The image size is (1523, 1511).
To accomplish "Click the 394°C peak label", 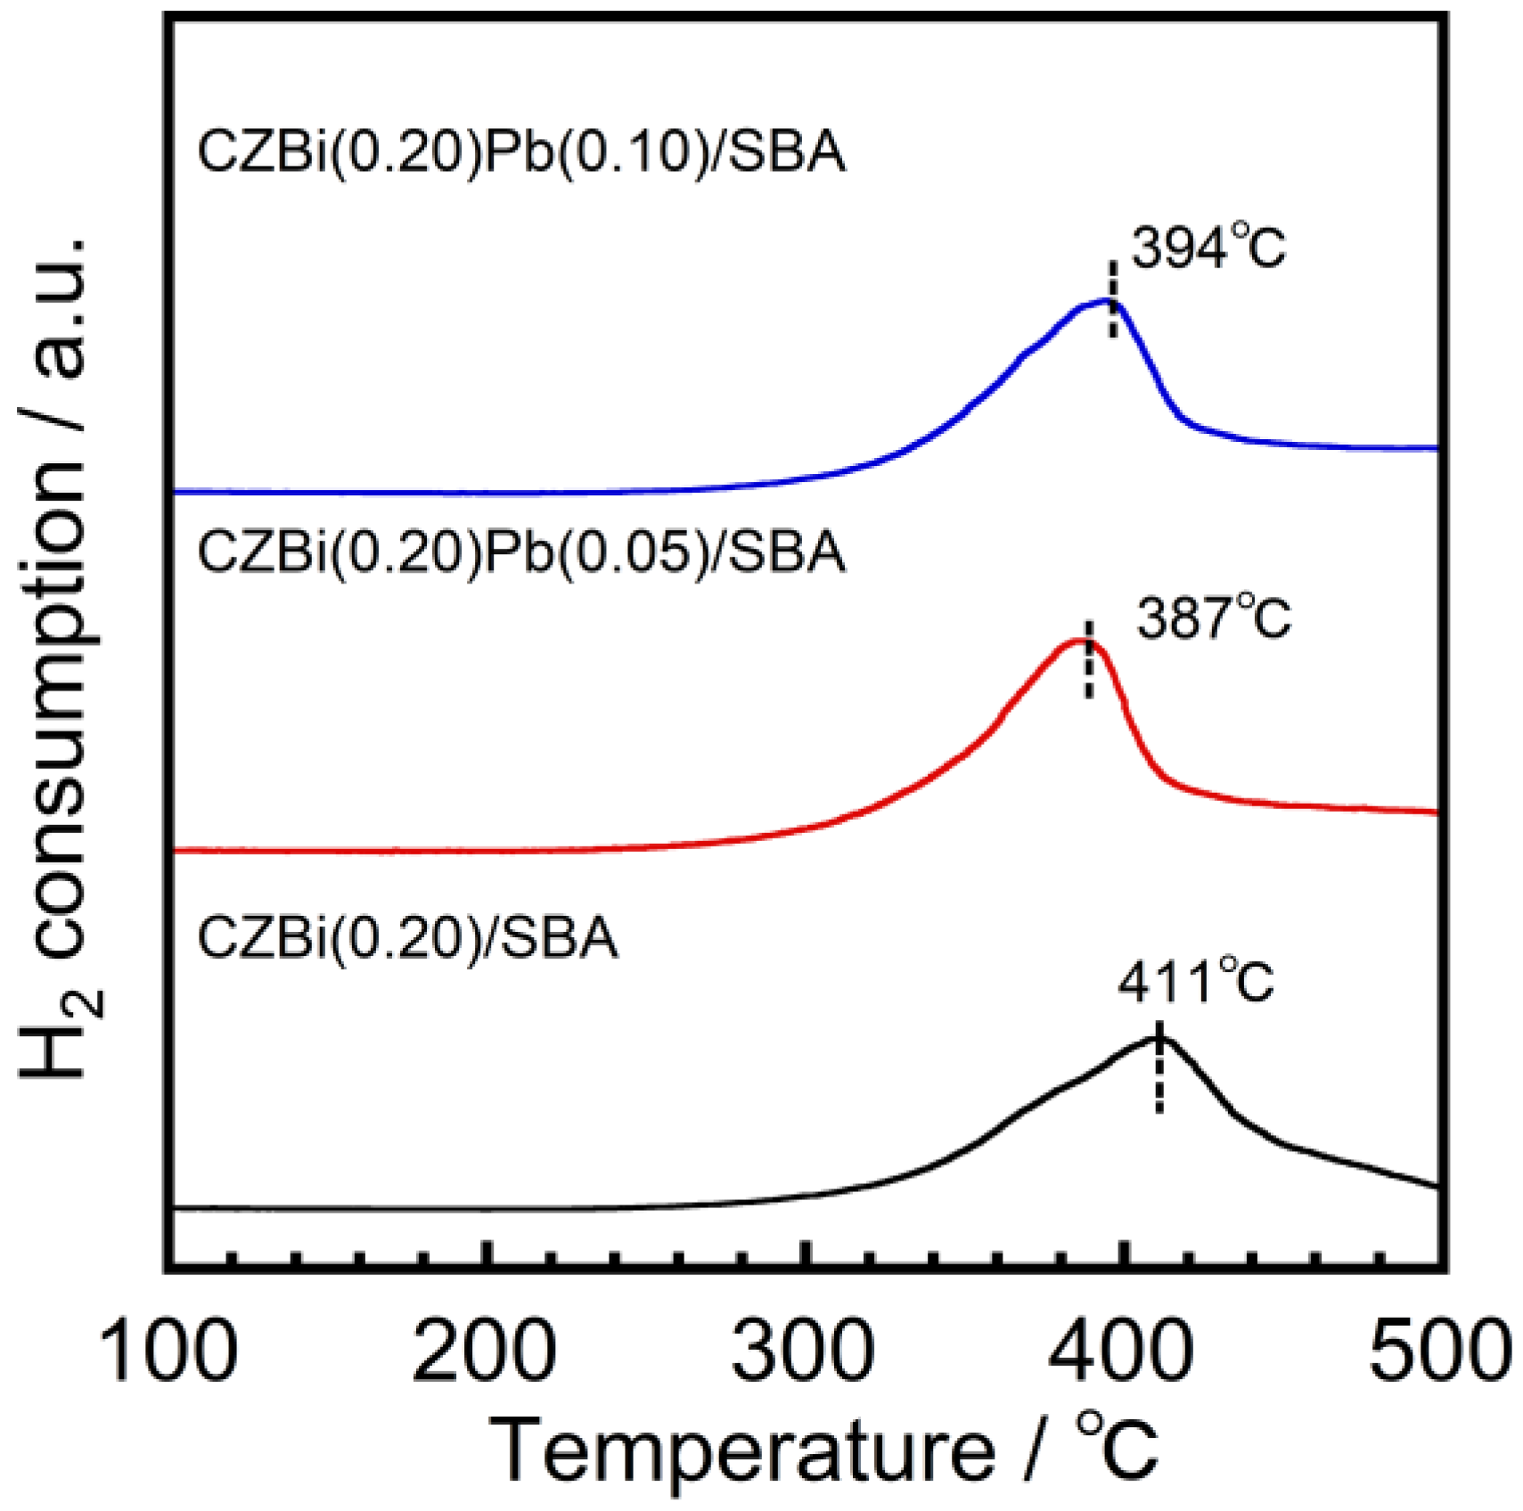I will pos(1208,249).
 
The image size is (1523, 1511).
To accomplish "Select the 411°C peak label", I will pos(1195,983).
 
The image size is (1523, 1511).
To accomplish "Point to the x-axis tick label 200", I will pos(485,1352).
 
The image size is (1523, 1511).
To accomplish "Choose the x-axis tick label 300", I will pos(803,1352).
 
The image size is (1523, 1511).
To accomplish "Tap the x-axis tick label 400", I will pos(1120,1352).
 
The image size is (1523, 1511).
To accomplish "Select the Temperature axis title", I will pos(824,1452).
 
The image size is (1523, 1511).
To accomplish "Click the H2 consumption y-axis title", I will pos(58,659).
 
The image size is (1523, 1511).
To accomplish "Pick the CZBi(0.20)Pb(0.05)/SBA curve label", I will pos(521,551).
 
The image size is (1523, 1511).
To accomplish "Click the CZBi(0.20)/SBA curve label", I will pos(407,937).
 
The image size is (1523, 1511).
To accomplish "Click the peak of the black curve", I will pos(1159,1038).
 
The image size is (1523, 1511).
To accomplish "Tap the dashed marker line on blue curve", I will pos(1113,299).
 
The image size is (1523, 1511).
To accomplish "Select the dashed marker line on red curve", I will pos(1088,661).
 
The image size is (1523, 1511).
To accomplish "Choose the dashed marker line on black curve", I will pos(1159,1067).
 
